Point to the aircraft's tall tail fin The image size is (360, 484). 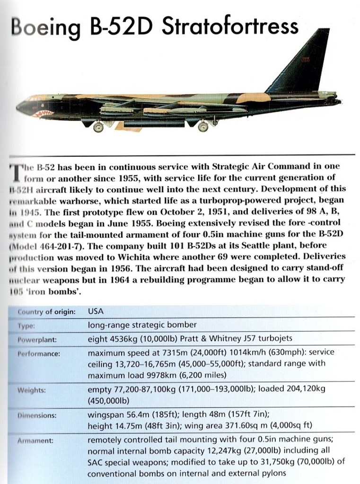[303, 62]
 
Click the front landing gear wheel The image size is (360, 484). [98, 127]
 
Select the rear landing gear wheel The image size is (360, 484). [204, 127]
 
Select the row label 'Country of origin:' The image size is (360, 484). [46, 311]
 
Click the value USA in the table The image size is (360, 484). [96, 311]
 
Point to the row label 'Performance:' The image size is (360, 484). [38, 353]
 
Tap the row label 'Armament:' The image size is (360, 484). [35, 440]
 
